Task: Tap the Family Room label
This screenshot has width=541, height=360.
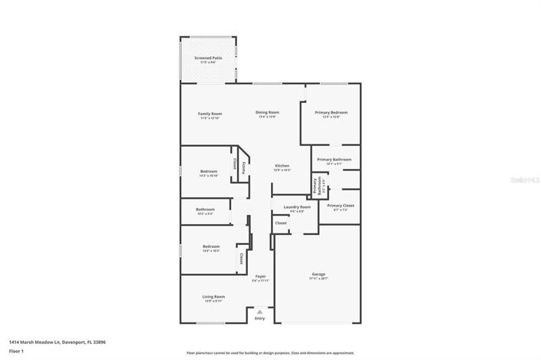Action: [210, 114]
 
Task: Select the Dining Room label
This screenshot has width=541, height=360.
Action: [267, 113]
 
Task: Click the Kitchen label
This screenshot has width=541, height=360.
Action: [282, 165]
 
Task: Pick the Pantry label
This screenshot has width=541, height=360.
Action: [244, 167]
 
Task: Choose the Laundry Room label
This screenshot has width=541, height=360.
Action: [297, 206]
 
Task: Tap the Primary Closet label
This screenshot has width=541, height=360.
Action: [340, 206]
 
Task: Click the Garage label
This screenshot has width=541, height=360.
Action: [318, 274]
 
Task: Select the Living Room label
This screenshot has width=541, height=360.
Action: [213, 296]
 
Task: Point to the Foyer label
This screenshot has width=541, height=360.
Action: [261, 276]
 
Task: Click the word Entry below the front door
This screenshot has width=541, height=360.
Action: [259, 318]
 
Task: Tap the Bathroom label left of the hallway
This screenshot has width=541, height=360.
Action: [205, 209]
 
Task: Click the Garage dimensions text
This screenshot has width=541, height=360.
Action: [318, 279]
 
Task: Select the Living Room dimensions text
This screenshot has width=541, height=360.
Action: [213, 301]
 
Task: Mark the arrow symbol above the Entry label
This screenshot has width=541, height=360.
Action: [259, 312]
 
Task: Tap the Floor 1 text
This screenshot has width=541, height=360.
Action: [16, 351]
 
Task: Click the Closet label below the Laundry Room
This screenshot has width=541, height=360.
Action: [281, 223]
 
